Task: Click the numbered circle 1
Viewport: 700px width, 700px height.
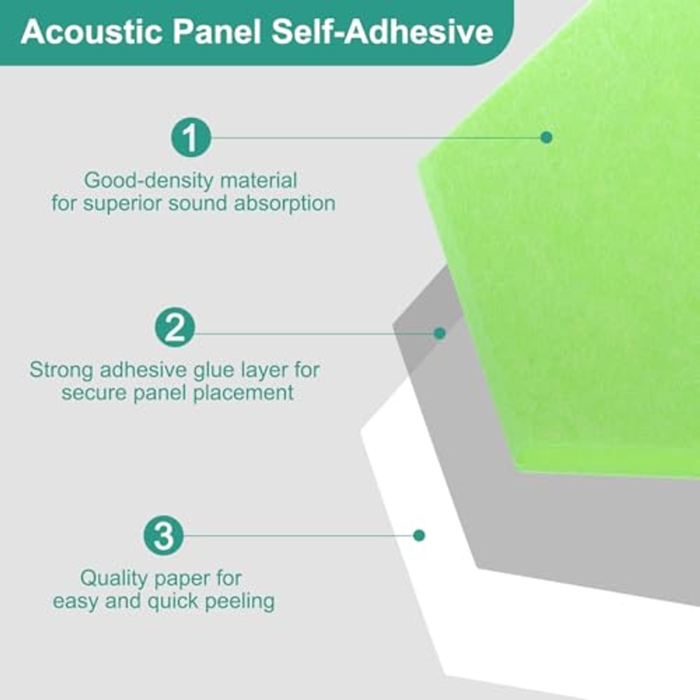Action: (191, 137)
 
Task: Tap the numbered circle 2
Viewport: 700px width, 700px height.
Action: (175, 327)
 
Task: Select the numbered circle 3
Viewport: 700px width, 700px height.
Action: (163, 535)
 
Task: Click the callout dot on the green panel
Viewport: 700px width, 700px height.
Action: (546, 137)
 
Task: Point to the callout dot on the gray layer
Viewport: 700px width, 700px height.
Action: (440, 333)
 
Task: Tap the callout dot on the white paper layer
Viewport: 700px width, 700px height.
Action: (419, 535)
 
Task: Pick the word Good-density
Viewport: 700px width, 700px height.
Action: (148, 181)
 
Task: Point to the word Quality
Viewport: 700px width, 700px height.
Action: (114, 579)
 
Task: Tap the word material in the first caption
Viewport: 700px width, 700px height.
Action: (259, 181)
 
